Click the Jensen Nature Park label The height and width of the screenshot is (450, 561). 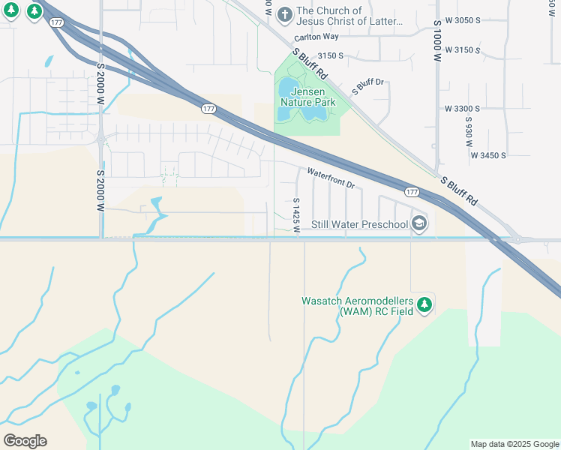307,95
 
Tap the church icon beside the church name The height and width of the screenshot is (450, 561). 284,14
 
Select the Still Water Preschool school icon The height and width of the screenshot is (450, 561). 419,223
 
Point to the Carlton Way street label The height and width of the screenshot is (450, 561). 316,36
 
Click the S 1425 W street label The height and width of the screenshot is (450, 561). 297,214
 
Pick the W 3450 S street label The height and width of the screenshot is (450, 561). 488,155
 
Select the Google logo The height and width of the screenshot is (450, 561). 25,440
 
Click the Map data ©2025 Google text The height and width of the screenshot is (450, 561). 514,444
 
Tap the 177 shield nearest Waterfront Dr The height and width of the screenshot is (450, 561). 411,193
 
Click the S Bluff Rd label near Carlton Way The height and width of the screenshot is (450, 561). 311,65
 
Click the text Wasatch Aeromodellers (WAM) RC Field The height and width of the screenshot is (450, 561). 357,305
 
